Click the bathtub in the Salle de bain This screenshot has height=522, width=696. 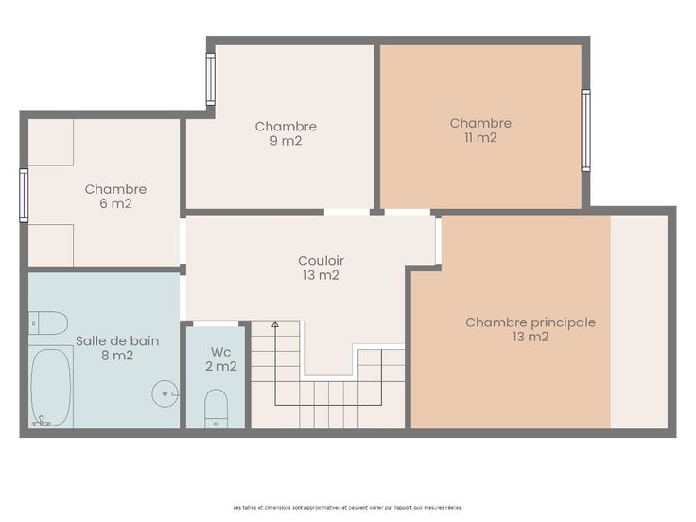click(x=51, y=387)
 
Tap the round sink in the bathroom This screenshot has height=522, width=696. click(x=165, y=393)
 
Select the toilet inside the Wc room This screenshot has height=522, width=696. click(x=217, y=409)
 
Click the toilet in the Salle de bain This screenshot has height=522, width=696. click(x=48, y=322)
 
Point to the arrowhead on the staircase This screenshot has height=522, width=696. click(x=275, y=324)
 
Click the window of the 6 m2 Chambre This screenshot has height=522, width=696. click(x=24, y=196)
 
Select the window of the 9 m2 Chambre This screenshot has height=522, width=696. click(x=211, y=79)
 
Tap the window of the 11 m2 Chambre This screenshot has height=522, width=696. click(x=586, y=130)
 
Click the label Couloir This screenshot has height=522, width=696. click(x=321, y=261)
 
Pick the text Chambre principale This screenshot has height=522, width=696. click(x=531, y=322)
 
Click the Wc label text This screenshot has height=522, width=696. click(x=220, y=352)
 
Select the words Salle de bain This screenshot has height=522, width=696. click(x=117, y=340)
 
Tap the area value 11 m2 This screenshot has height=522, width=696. click(x=480, y=138)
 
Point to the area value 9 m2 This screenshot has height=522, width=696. click(x=286, y=141)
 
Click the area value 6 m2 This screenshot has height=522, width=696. click(x=116, y=203)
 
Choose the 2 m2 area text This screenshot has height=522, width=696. click(x=221, y=366)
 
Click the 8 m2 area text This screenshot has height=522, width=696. click(x=117, y=356)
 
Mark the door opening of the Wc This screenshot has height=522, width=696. click(x=216, y=323)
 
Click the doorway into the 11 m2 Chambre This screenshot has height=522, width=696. click(x=408, y=212)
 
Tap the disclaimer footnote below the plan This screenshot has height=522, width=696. click(x=348, y=507)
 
